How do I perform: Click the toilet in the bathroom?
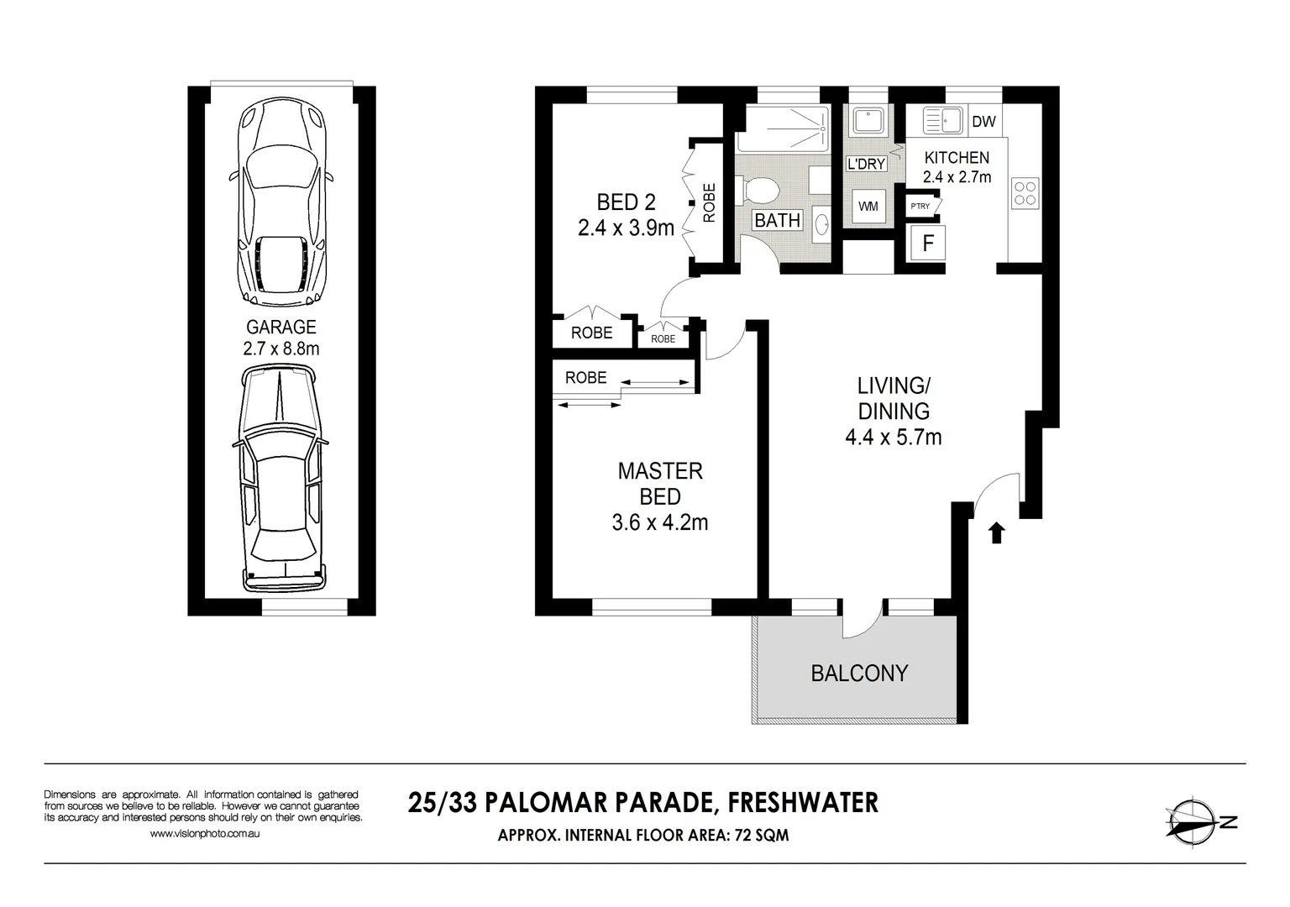tap(759, 190)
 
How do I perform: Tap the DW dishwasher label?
tap(983, 122)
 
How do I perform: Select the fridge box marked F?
tap(928, 244)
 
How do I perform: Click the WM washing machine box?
tap(868, 207)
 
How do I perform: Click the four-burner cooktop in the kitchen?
tap(1025, 192)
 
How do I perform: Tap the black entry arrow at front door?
tap(997, 532)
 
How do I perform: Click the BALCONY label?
tap(859, 674)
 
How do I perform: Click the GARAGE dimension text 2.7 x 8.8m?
tap(281, 349)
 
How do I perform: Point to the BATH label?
tap(777, 221)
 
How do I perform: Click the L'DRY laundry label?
tap(866, 164)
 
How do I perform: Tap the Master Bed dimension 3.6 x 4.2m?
tap(660, 523)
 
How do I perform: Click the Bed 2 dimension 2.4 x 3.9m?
tap(626, 228)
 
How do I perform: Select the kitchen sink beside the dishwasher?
tap(941, 121)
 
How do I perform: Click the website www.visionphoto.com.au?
tap(204, 834)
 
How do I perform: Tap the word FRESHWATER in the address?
tap(803, 803)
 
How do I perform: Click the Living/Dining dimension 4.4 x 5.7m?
tap(893, 438)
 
